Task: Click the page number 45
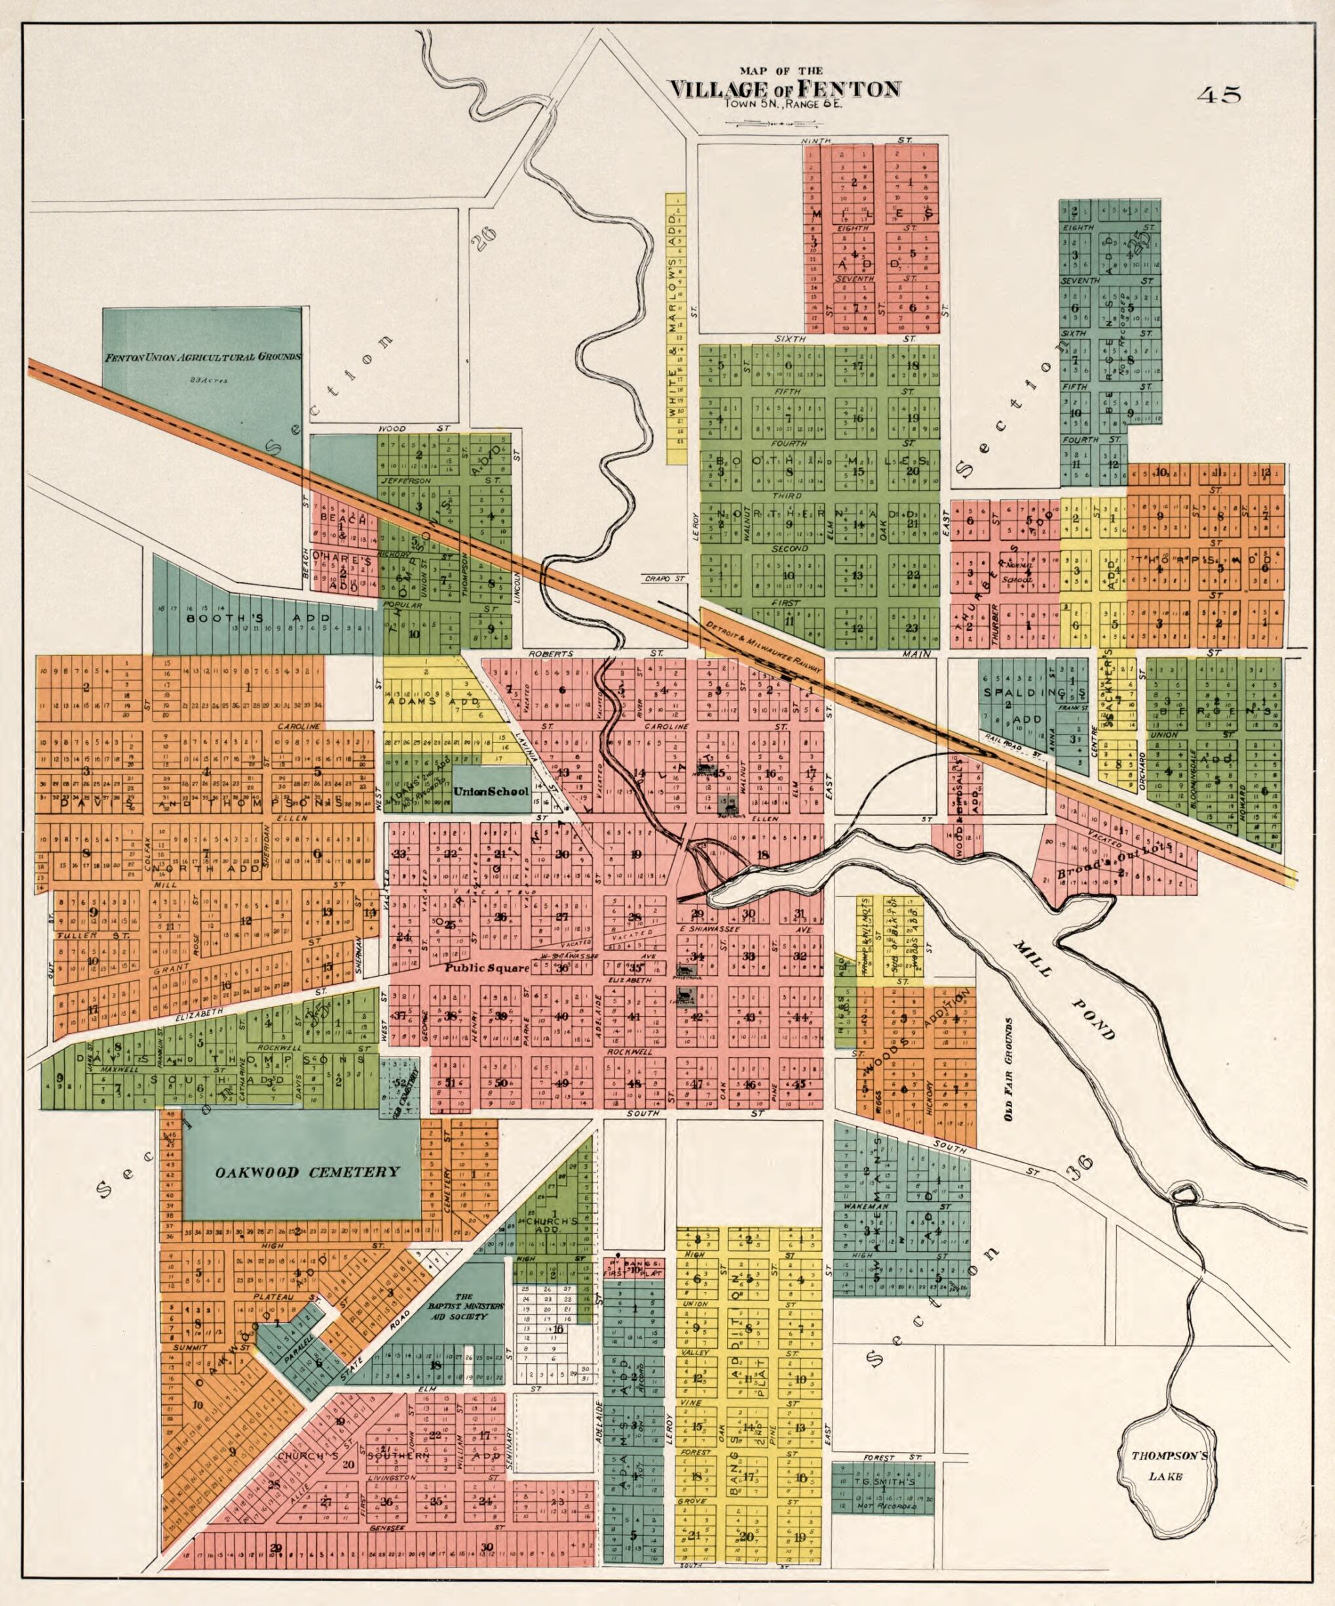coord(1220,95)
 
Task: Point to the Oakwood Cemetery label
coord(307,1173)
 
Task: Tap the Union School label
coord(491,791)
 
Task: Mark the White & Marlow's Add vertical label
coord(675,329)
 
